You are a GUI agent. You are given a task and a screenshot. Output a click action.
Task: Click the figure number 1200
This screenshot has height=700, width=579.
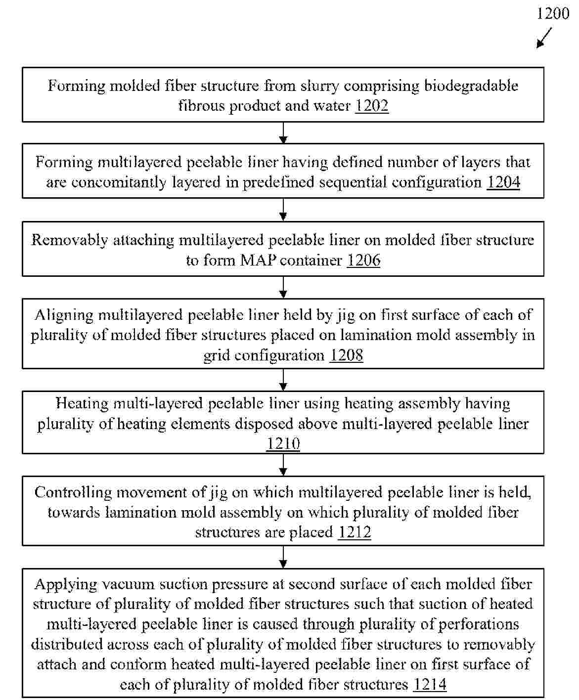click(553, 13)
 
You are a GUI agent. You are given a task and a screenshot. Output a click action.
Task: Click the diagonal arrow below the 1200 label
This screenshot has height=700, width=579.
click(544, 38)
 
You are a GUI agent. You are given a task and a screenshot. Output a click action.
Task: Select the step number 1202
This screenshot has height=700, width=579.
click(372, 106)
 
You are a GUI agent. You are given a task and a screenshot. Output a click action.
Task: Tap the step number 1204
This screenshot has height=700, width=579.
click(503, 182)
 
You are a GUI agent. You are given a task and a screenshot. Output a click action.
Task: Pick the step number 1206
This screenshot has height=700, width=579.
click(363, 260)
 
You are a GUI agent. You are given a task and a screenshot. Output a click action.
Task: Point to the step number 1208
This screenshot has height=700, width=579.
click(346, 355)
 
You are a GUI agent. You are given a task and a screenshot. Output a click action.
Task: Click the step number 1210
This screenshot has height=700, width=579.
click(283, 443)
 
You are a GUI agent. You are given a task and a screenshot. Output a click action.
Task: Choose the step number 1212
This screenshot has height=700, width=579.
click(354, 532)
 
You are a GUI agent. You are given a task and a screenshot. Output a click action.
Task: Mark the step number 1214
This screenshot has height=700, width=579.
click(430, 685)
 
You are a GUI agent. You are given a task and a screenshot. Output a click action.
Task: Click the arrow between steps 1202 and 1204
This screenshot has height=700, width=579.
click(283, 132)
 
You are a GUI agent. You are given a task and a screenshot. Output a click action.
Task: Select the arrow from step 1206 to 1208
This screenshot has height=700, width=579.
click(283, 287)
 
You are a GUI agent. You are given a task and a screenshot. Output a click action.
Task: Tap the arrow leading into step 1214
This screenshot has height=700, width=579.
click(283, 557)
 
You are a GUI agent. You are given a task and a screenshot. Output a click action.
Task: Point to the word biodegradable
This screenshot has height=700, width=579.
click(471, 86)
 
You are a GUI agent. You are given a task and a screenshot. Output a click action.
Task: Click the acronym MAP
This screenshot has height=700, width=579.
click(258, 260)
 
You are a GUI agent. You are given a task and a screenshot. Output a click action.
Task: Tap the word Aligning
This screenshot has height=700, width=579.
click(64, 315)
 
